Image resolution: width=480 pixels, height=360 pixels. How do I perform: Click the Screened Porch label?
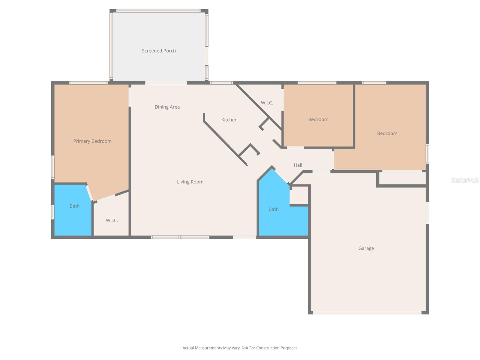pos(159,51)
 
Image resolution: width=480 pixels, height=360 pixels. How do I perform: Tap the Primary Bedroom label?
pos(92,141)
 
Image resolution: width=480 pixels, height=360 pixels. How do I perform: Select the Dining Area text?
pos(167,107)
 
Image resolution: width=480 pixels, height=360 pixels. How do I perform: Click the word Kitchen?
pos(229,120)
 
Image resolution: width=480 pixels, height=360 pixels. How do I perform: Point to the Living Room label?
pos(190,182)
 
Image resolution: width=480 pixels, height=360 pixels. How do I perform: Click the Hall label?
pos(298,165)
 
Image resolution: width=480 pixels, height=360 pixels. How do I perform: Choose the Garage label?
pos(366,248)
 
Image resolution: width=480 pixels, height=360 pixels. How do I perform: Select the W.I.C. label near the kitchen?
pos(267,103)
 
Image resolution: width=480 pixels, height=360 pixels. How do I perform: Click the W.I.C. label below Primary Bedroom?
pos(112,220)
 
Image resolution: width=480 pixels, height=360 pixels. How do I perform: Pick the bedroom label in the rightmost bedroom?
pos(387,133)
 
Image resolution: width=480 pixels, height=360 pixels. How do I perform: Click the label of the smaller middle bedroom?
pos(318,119)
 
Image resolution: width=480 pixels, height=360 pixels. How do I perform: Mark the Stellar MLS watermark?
pos(465,180)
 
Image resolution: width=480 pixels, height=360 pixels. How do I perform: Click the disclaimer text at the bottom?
pos(240,348)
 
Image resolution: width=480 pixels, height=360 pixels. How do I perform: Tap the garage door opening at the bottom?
pos(367,313)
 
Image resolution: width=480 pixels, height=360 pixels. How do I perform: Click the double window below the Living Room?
pos(180,237)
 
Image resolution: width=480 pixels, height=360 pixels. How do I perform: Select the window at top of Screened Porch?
pos(158,11)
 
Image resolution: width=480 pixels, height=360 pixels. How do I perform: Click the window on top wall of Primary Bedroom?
pos(89,83)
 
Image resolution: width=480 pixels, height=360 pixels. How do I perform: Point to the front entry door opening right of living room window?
pos(244,237)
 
